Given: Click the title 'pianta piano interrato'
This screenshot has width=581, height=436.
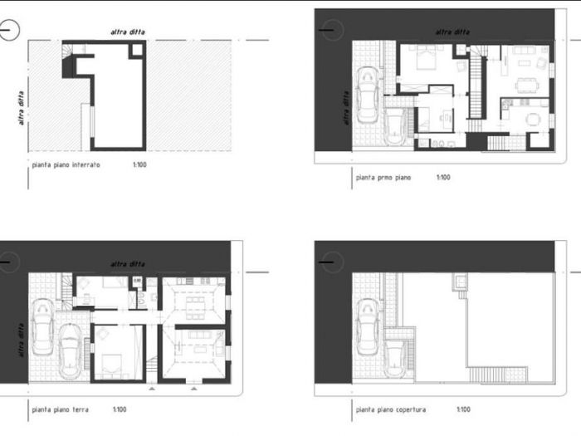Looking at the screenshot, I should (66, 165).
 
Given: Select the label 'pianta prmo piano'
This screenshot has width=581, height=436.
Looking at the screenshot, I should (383, 178).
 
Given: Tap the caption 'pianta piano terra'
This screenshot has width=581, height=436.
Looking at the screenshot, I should (60, 409).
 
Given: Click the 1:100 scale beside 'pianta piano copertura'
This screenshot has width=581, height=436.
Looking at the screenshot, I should (463, 409).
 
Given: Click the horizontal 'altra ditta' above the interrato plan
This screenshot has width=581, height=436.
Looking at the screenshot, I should (129, 32).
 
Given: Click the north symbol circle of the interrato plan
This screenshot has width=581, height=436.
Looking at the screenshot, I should (8, 32).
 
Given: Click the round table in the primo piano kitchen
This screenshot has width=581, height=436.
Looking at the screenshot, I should (535, 120).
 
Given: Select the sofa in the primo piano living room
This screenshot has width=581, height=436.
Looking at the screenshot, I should (523, 52).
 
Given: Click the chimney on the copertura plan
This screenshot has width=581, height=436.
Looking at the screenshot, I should (457, 284).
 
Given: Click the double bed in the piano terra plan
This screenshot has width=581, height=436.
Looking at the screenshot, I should (112, 364).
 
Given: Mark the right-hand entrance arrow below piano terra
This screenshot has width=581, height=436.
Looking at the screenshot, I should (193, 388).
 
